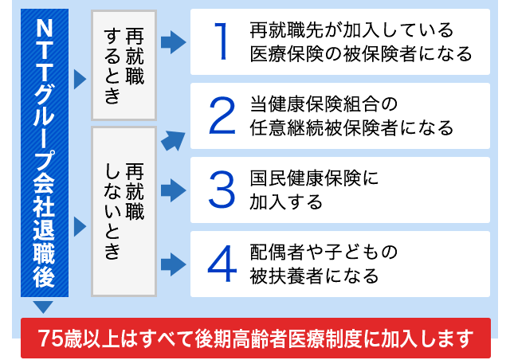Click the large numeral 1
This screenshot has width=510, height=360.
click(x=222, y=41)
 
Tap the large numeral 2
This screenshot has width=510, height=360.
click(x=222, y=115)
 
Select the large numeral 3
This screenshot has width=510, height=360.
click(x=222, y=190)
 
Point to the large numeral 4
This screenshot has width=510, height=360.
click(x=222, y=264)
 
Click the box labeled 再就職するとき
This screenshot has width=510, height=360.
click(x=124, y=65)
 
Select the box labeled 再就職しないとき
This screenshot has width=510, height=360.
click(x=124, y=211)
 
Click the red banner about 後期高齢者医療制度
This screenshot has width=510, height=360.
click(x=255, y=338)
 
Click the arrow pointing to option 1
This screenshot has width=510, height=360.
click(x=173, y=42)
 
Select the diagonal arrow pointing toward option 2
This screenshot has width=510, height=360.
click(x=172, y=139)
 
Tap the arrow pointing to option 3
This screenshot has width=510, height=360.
click(x=173, y=190)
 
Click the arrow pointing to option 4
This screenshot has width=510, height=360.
click(x=173, y=264)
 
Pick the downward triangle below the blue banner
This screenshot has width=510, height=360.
click(x=43, y=307)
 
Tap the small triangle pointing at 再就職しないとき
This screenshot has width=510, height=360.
click(x=79, y=227)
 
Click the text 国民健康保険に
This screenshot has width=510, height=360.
click(x=311, y=178)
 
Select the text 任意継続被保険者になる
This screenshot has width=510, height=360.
click(x=351, y=127)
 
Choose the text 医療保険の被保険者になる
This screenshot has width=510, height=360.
click(x=360, y=53)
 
